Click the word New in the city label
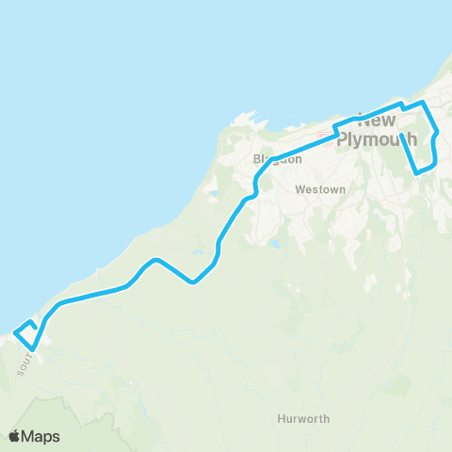pos(378,121)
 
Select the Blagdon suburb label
pos(278,159)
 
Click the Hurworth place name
pos(304,417)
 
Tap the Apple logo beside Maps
pos(15,436)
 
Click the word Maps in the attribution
pos(40,436)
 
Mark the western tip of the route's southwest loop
pos(15,331)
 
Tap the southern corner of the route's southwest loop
pos(33,349)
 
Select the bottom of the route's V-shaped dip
pos(193,282)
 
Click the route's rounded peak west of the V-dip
pos(156,260)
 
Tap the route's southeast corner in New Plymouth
pos(417,172)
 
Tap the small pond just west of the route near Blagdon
pos(213,195)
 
